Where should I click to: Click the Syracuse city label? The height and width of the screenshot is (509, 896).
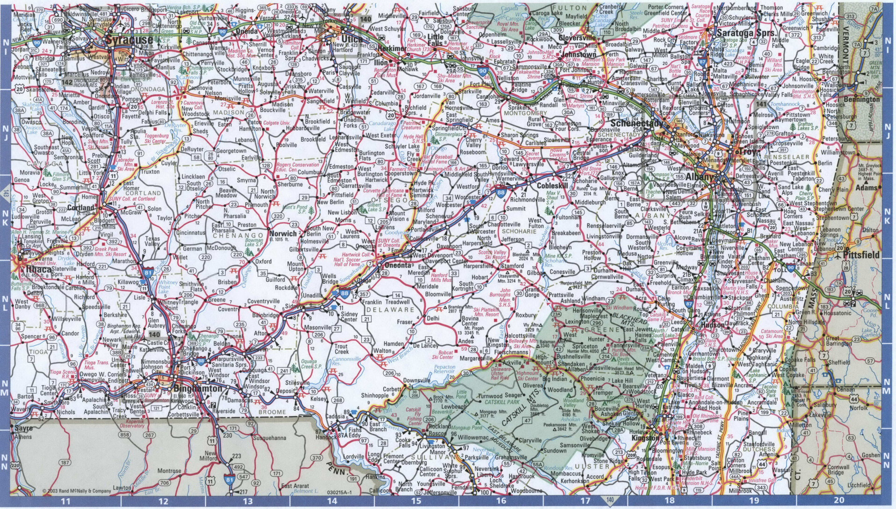pyautogui.click(x=130, y=40)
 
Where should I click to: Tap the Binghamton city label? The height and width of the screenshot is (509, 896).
pyautogui.click(x=197, y=389)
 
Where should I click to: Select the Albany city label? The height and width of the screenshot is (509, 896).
pyautogui.click(x=700, y=177)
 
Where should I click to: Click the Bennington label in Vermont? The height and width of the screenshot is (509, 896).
pyautogui.click(x=861, y=100)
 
